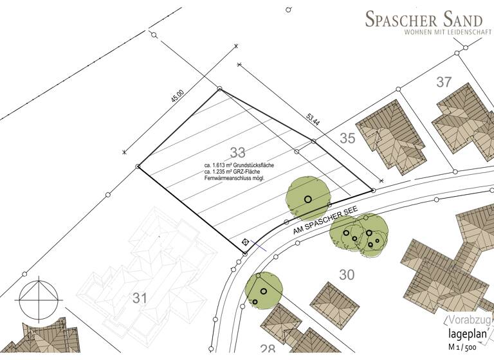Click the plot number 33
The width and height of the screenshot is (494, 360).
coord(237,152)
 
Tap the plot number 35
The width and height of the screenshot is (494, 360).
coord(347,138)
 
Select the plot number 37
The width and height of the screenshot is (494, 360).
coord(444,82)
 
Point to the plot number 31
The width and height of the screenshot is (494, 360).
coord(140,297)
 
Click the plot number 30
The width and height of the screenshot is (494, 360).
coord(347,275)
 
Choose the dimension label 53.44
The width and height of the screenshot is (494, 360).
coord(313,119)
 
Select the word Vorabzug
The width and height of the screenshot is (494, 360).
coord(469,319)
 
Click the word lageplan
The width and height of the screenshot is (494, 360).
coord(470,333)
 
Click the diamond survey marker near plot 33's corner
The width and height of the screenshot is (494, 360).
coord(245,242)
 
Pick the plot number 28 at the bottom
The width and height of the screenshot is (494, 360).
coord(267,349)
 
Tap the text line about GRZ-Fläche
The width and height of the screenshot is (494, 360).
coord(233,172)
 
